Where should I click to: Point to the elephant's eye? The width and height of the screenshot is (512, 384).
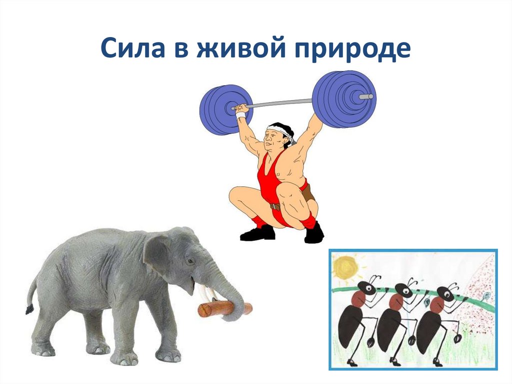[x=190, y=261]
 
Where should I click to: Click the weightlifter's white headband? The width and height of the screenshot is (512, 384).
[x=281, y=131]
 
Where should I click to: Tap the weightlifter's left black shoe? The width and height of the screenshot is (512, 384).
[x=257, y=233]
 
